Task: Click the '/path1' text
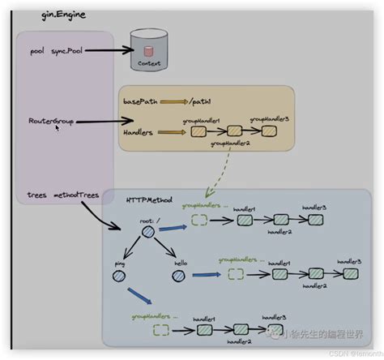(202, 101)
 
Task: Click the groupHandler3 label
(269, 118)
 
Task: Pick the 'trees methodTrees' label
(53, 195)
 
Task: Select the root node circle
(147, 233)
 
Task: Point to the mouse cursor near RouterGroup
(58, 128)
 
